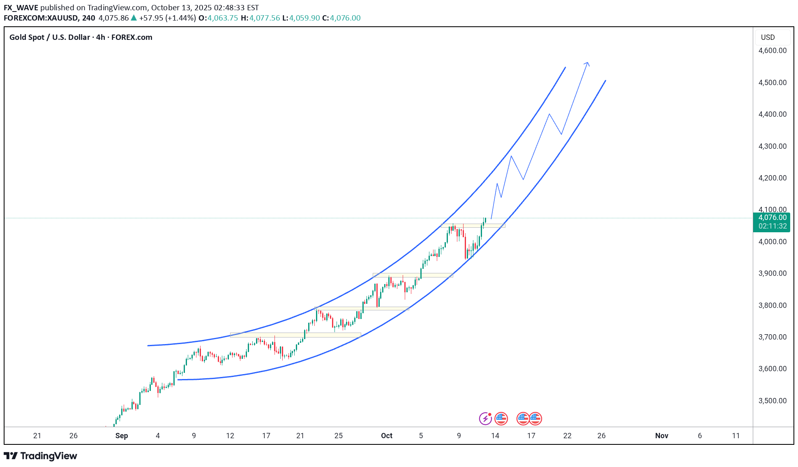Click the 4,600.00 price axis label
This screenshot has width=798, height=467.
(x=772, y=51)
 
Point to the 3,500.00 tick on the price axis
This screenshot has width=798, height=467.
(x=772, y=400)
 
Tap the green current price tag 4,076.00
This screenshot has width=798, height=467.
(x=772, y=217)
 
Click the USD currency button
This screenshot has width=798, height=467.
(x=768, y=37)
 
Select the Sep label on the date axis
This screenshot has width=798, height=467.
(x=122, y=436)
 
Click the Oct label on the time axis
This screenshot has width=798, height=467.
(x=387, y=436)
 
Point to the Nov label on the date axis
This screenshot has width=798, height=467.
(x=662, y=436)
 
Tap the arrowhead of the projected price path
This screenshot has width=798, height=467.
(x=588, y=63)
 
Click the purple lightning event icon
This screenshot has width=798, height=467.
(x=485, y=418)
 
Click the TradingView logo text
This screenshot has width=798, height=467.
(x=48, y=456)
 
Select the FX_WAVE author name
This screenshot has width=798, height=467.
(x=21, y=8)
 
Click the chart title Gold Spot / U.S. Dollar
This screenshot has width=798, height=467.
(x=50, y=37)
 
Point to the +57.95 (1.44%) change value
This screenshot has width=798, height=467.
(x=167, y=18)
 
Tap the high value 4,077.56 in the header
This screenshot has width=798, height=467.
(x=264, y=18)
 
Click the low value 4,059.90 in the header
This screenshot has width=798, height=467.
(x=304, y=18)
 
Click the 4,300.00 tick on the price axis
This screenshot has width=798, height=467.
(x=772, y=146)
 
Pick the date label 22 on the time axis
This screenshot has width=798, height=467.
(x=567, y=436)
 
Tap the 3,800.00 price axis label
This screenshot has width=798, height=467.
(x=772, y=305)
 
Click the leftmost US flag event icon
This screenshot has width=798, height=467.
(x=501, y=418)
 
